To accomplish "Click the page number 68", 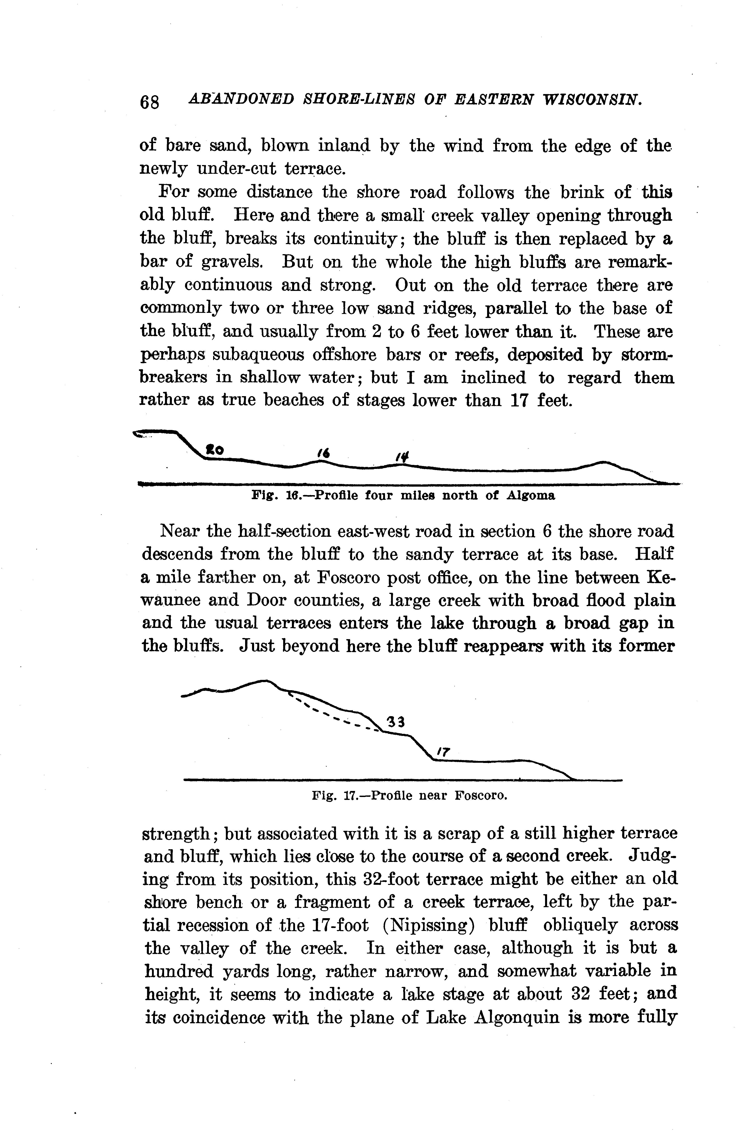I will [150, 102].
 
